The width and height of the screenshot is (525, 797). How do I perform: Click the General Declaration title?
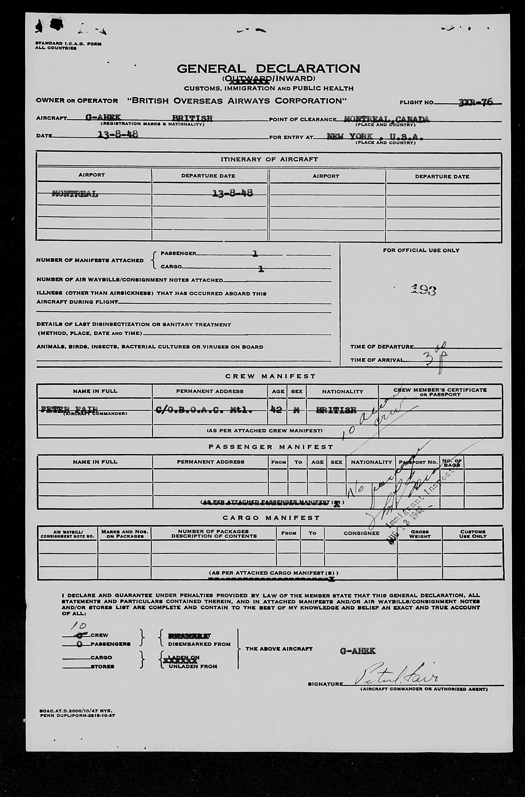[268, 69]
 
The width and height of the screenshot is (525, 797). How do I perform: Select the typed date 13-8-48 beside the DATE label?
[117, 135]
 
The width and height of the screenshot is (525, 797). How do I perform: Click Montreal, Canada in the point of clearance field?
[386, 119]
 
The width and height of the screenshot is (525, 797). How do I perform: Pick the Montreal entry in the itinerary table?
[75, 193]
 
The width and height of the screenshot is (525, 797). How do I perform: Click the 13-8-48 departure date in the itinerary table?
[232, 193]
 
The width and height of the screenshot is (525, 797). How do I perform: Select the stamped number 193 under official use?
[423, 290]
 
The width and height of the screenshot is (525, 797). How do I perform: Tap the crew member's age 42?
[276, 410]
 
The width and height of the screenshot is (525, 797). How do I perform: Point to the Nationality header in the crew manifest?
[342, 391]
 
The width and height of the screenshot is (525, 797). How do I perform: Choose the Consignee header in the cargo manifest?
[361, 533]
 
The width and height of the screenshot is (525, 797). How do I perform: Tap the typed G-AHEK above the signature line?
[358, 651]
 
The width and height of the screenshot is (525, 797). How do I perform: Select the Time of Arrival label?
[377, 360]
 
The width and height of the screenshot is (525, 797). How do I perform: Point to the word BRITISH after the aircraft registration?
[192, 118]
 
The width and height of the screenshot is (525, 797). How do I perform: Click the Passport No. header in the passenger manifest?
[418, 462]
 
